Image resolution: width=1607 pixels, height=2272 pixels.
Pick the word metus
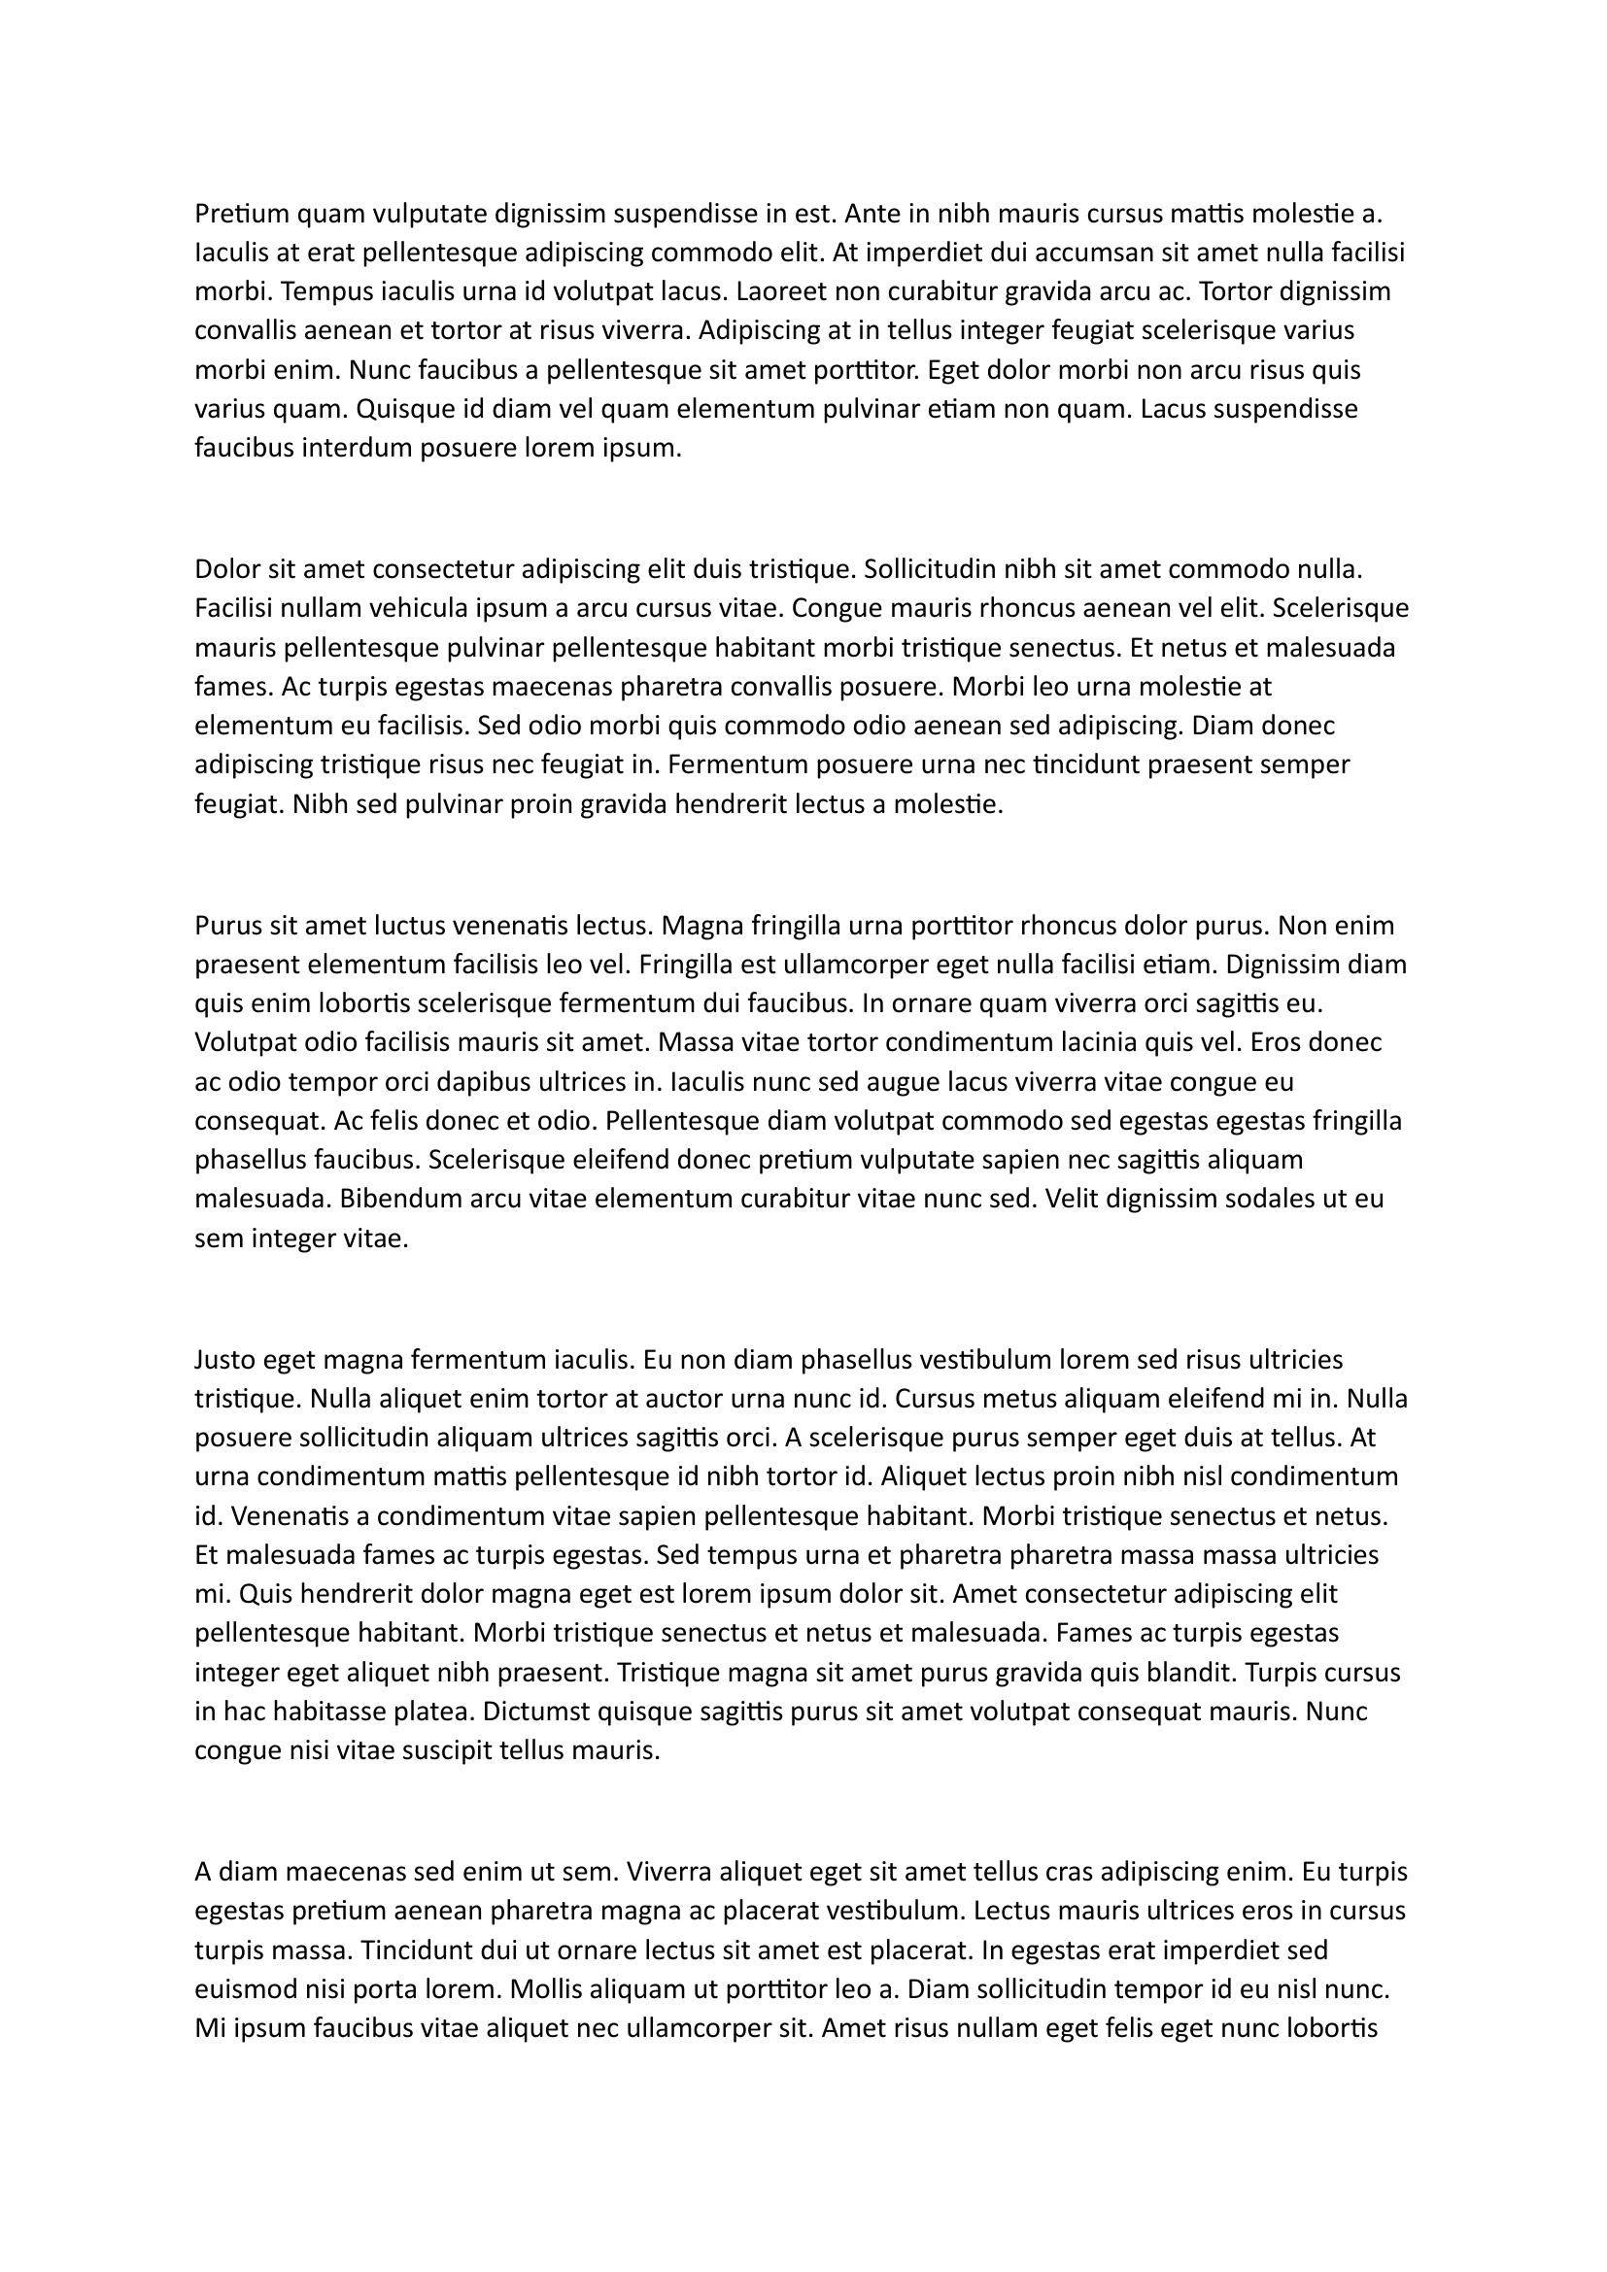click(x=1018, y=1399)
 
